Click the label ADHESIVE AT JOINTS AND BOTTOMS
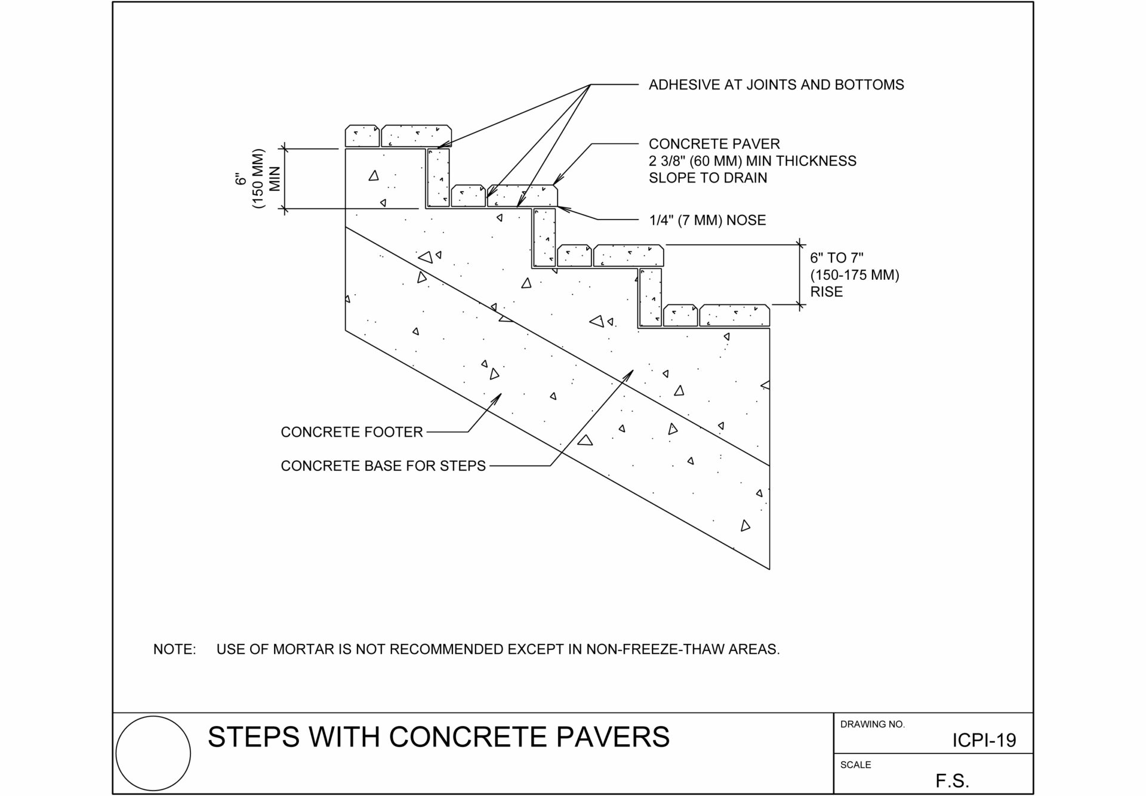click(x=776, y=85)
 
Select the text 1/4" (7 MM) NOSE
click(x=707, y=220)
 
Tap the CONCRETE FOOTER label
click(x=352, y=432)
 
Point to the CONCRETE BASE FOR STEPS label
click(x=383, y=466)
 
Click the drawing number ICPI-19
click(x=984, y=741)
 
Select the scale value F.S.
click(x=952, y=781)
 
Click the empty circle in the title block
click(x=153, y=754)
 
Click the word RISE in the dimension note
click(x=826, y=292)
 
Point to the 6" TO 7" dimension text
click(x=837, y=258)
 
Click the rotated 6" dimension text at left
click(x=241, y=179)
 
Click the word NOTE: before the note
click(x=174, y=649)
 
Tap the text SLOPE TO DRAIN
click(x=708, y=178)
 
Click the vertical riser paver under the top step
click(x=438, y=178)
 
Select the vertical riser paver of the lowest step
click(x=650, y=297)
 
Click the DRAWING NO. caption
click(x=872, y=724)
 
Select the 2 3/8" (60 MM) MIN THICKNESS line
click(x=752, y=161)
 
